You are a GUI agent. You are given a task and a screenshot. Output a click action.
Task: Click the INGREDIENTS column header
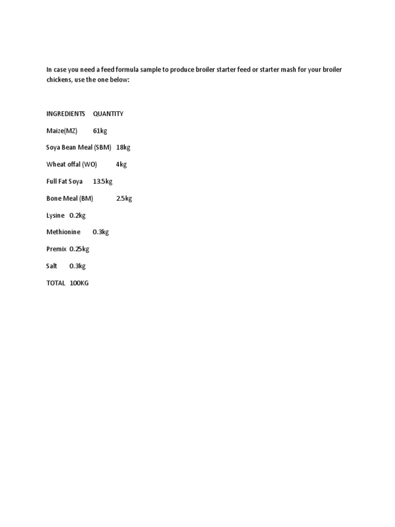(x=65, y=114)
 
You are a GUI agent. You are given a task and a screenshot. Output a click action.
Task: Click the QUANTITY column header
(x=108, y=114)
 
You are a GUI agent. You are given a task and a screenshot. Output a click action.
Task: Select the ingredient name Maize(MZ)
(x=62, y=131)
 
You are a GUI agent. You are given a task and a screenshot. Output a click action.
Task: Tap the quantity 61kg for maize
(x=100, y=131)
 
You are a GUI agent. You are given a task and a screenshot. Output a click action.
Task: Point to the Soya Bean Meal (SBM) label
(x=79, y=148)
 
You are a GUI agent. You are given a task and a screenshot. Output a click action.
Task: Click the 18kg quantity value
(x=123, y=148)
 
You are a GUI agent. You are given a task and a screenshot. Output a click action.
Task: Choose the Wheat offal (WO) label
(x=71, y=165)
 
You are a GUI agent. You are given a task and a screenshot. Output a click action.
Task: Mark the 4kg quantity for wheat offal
(x=121, y=165)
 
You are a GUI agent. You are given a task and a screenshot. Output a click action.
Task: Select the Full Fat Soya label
(x=64, y=182)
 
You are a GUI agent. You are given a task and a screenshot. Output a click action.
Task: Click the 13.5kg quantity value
(x=103, y=182)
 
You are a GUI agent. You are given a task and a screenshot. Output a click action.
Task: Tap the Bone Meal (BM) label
(x=69, y=199)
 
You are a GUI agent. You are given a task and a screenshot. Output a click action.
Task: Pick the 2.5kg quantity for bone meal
(x=124, y=199)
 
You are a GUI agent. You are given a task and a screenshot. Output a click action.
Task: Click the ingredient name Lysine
(x=56, y=216)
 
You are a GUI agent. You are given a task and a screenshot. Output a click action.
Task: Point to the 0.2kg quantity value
(x=78, y=216)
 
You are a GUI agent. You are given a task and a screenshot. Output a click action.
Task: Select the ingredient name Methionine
(x=63, y=232)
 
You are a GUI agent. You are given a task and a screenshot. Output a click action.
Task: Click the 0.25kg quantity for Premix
(x=79, y=249)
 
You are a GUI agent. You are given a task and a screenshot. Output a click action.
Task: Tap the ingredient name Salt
(x=52, y=266)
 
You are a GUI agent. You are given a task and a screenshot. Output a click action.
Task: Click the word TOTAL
(x=56, y=283)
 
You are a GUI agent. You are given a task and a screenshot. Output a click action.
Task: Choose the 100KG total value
(x=79, y=283)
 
